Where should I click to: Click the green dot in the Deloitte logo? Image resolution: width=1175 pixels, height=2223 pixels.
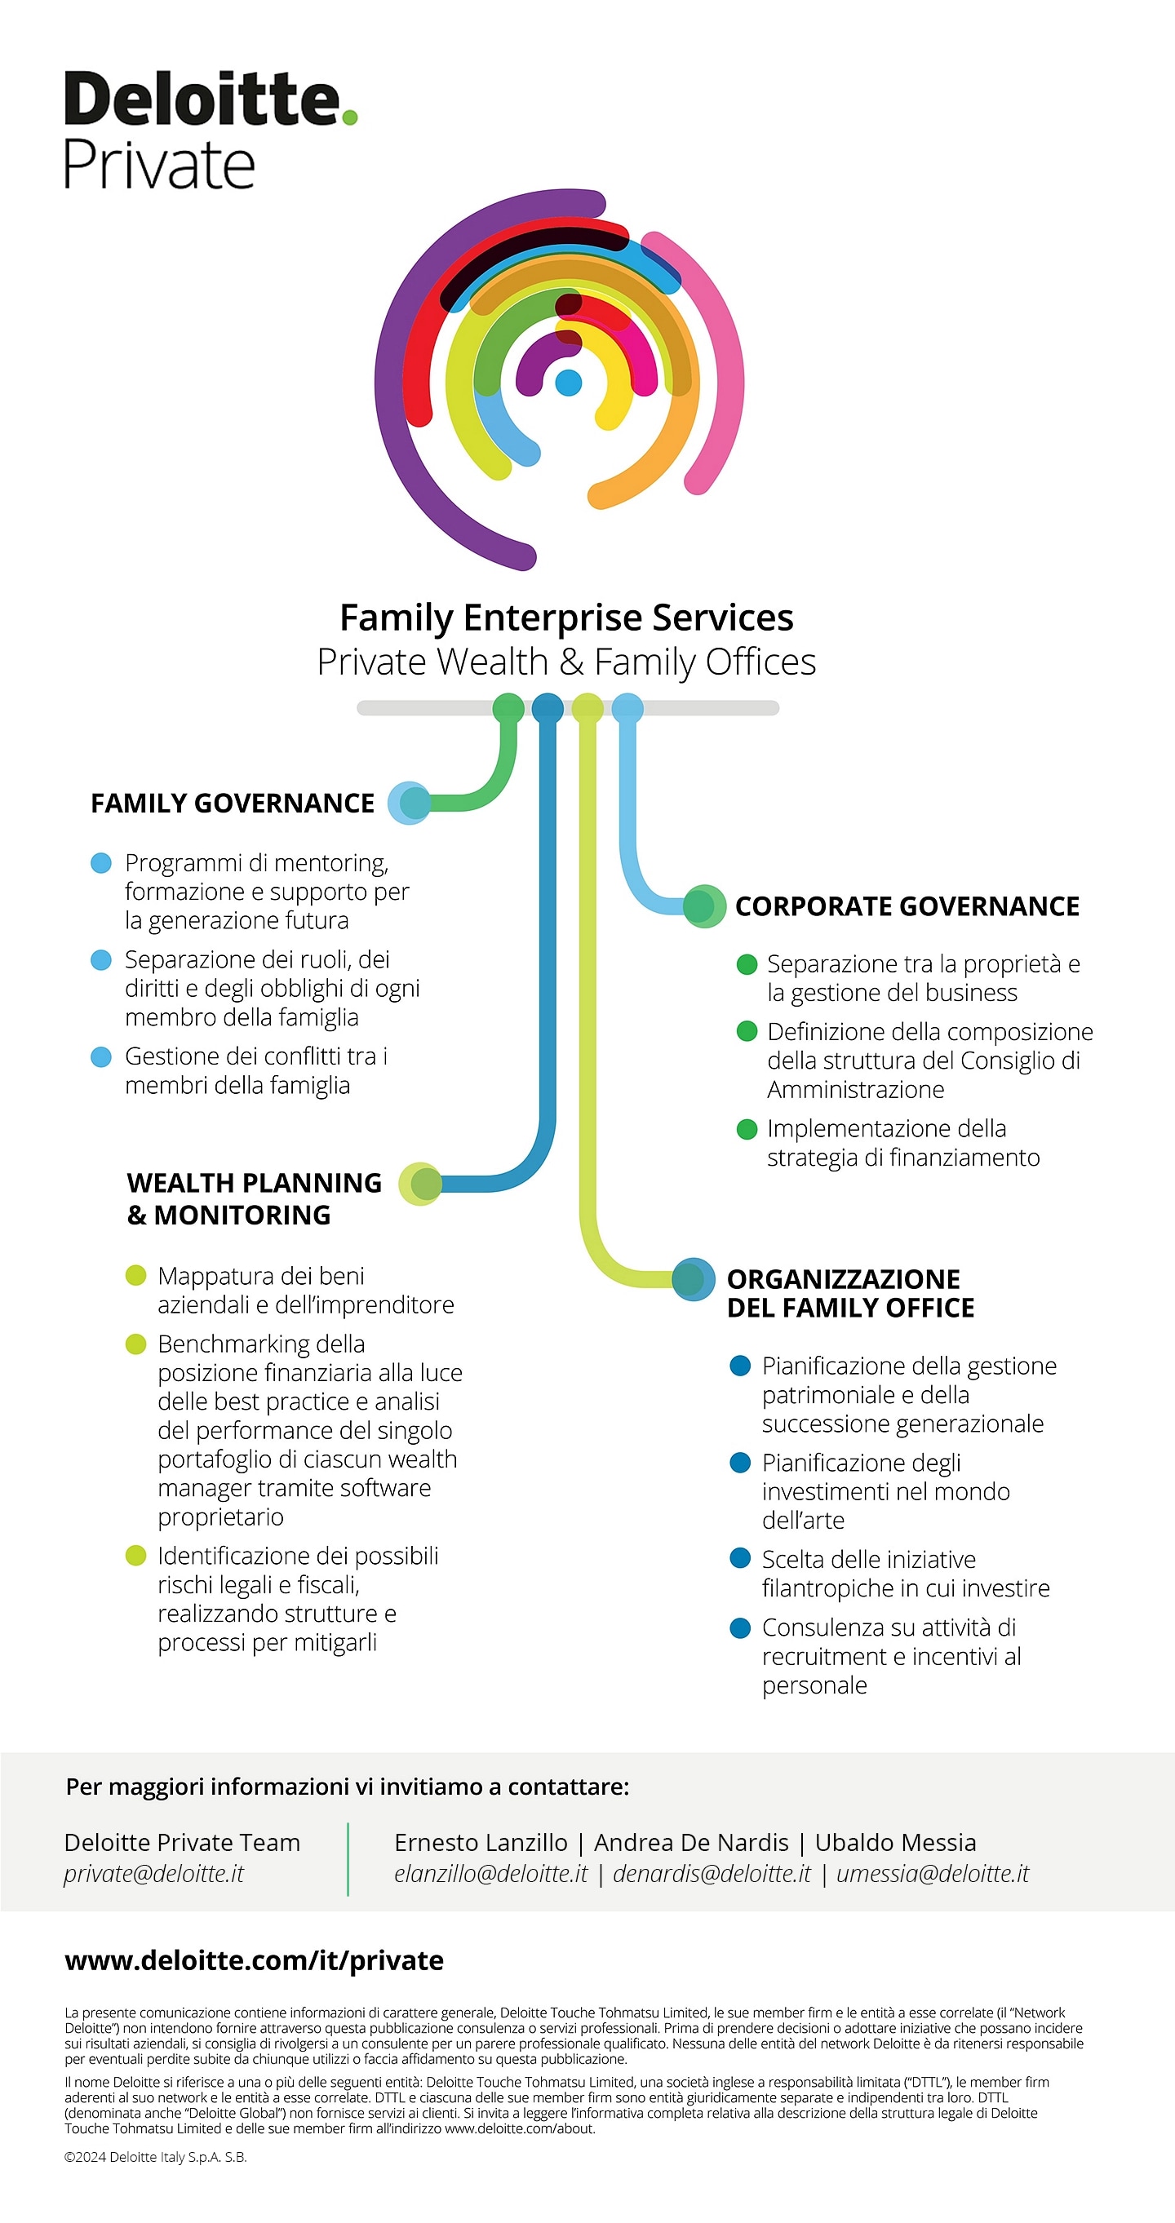pyautogui.click(x=348, y=117)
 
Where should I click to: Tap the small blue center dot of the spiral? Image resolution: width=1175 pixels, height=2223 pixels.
pyautogui.click(x=568, y=382)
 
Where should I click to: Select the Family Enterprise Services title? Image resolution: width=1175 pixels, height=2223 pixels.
pyautogui.click(x=566, y=618)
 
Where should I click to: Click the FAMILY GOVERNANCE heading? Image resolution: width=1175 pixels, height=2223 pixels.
pyautogui.click(x=233, y=804)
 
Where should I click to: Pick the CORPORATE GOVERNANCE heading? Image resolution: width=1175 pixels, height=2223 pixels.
pyautogui.click(x=907, y=906)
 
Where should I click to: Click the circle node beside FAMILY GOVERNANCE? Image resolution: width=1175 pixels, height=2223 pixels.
pyautogui.click(x=410, y=803)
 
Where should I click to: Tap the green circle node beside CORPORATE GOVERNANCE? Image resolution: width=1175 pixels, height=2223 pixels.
pyautogui.click(x=703, y=906)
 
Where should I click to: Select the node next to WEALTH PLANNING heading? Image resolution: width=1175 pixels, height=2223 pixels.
pyautogui.click(x=421, y=1183)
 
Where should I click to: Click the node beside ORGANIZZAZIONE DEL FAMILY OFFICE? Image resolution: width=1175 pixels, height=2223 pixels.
pyautogui.click(x=693, y=1279)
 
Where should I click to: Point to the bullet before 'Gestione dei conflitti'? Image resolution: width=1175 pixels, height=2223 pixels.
pyautogui.click(x=101, y=1056)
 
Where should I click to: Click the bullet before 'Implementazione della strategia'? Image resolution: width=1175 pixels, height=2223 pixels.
pyautogui.click(x=747, y=1129)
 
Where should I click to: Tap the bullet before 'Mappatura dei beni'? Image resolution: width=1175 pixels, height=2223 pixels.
pyautogui.click(x=135, y=1275)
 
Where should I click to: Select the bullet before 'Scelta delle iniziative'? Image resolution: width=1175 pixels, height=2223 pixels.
pyautogui.click(x=740, y=1558)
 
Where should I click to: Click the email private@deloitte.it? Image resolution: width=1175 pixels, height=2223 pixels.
pyautogui.click(x=153, y=1874)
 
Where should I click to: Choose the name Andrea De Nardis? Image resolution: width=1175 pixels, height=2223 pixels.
pyautogui.click(x=690, y=1842)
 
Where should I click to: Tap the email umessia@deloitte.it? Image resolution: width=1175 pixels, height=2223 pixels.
pyautogui.click(x=933, y=1874)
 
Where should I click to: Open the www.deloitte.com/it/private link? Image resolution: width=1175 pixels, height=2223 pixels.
pyautogui.click(x=254, y=1960)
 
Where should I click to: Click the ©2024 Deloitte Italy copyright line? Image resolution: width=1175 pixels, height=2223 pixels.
pyautogui.click(x=155, y=2157)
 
